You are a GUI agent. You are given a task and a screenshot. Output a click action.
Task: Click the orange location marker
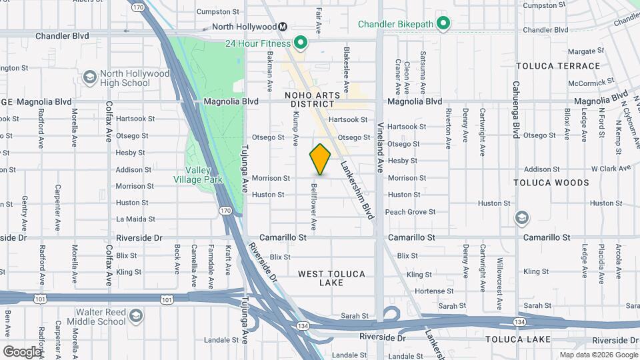coord(320,159)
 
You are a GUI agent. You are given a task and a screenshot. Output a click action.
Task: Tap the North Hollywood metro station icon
coord(283,27)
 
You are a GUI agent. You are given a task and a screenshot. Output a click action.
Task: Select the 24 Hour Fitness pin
coord(301,44)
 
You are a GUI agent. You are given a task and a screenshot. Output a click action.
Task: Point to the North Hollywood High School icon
coord(89,78)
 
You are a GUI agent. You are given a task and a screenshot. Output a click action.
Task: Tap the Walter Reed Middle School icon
coord(136,316)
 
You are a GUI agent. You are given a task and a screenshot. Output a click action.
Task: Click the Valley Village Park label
coord(197,174)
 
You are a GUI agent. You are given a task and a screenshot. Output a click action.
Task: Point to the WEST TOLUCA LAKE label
coord(329,278)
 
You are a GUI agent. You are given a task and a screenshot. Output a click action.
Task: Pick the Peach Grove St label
coord(410,212)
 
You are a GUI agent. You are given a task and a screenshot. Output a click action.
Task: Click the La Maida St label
coord(135,219)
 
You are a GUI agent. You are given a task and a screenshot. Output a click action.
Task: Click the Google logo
coord(22,351)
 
